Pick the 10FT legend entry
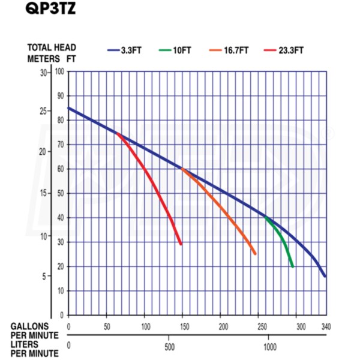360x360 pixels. pyautogui.click(x=181, y=50)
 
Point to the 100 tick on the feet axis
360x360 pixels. pyautogui.click(x=59, y=72)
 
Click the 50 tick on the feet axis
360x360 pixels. pyautogui.click(x=61, y=194)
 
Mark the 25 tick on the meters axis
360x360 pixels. pyautogui.click(x=42, y=112)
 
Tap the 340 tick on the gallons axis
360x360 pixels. pyautogui.click(x=325, y=326)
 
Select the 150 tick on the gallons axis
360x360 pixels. pyautogui.click(x=185, y=326)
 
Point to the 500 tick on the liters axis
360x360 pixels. pyautogui.click(x=169, y=346)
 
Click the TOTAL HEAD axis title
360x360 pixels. pyautogui.click(x=52, y=47)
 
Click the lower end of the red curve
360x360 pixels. pyautogui.click(x=181, y=244)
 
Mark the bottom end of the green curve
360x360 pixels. pyautogui.click(x=292, y=266)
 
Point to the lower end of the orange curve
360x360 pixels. pyautogui.click(x=255, y=254)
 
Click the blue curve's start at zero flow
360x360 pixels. pyautogui.click(x=69, y=108)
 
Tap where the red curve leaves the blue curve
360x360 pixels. pyautogui.click(x=117, y=133)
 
